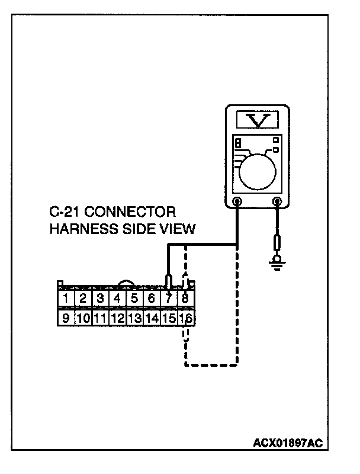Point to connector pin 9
66,318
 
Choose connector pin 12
117,318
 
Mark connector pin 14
152,318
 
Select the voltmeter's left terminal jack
237,202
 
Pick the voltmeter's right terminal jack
277,202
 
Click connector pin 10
83,318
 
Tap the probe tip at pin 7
169,280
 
